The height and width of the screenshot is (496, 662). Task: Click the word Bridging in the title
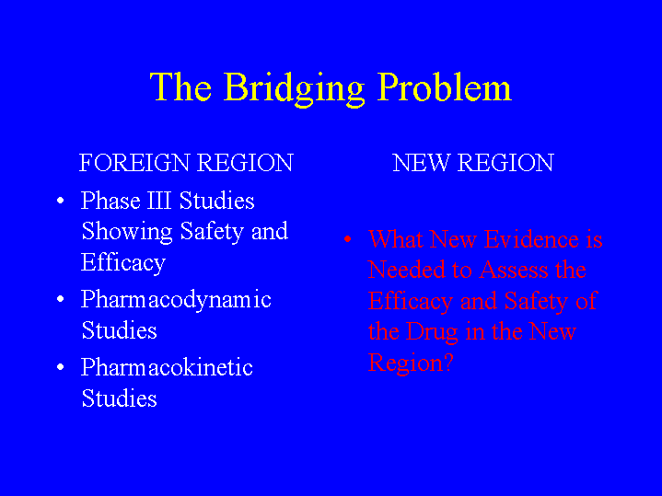[x=294, y=89]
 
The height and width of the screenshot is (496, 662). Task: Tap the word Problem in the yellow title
[x=444, y=87]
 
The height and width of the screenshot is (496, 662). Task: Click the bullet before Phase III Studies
[x=61, y=200]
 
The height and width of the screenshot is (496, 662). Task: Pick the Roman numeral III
[x=159, y=201]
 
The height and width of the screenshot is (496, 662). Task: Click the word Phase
[x=110, y=201]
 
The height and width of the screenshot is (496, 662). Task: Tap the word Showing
[x=127, y=232]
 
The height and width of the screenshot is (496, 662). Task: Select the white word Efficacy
[x=122, y=263]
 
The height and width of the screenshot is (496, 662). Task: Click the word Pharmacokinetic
[x=167, y=367]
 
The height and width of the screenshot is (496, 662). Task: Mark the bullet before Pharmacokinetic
[x=61, y=367]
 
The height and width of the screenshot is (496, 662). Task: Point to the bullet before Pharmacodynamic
[x=61, y=299]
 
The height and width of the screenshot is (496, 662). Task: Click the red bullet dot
[x=347, y=239]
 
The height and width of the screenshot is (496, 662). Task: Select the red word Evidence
[x=531, y=239]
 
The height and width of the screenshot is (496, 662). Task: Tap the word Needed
[x=406, y=270]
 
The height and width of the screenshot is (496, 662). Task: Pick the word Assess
[x=514, y=270]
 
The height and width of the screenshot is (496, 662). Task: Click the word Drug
[x=432, y=333]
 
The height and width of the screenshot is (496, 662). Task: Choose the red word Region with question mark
[x=411, y=363]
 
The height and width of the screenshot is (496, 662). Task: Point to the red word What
[x=396, y=239]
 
